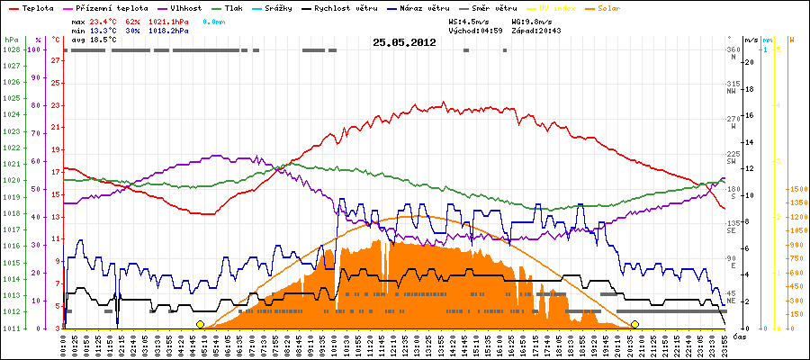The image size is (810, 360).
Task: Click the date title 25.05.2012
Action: click(x=404, y=42)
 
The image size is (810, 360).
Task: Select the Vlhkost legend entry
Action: click(x=186, y=7)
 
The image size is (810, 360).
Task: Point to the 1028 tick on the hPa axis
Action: click(x=11, y=49)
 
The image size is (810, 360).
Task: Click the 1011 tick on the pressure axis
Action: click(x=11, y=328)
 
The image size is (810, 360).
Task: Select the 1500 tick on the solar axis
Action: click(x=797, y=189)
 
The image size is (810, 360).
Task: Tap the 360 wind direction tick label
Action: click(x=731, y=49)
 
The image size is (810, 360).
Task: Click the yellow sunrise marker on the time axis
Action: click(x=200, y=324)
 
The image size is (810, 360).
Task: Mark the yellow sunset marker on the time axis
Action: click(x=634, y=324)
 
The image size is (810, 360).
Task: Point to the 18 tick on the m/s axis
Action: click(x=750, y=89)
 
